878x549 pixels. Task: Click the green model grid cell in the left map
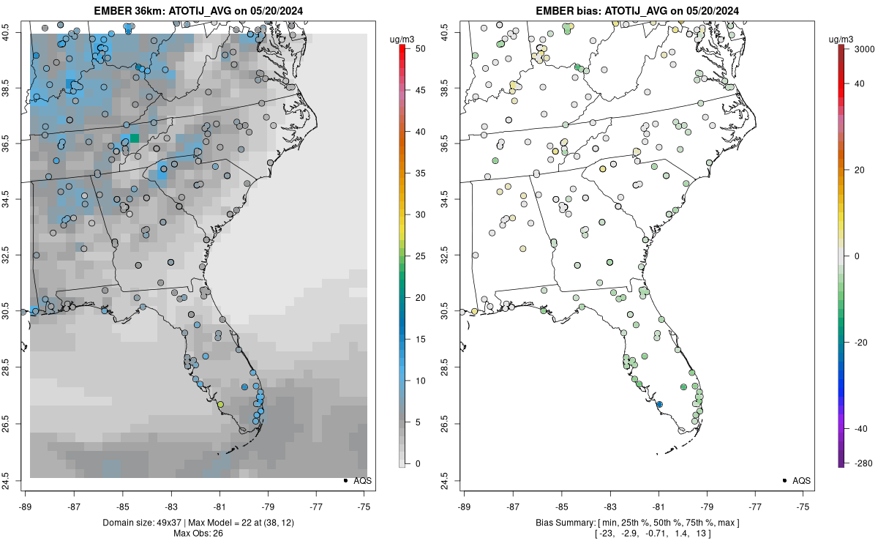click(135, 138)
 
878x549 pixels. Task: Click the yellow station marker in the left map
click(220, 404)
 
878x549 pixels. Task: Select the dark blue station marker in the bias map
click(659, 405)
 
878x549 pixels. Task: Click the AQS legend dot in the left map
click(345, 480)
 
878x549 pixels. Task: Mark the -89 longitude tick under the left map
click(26, 506)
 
